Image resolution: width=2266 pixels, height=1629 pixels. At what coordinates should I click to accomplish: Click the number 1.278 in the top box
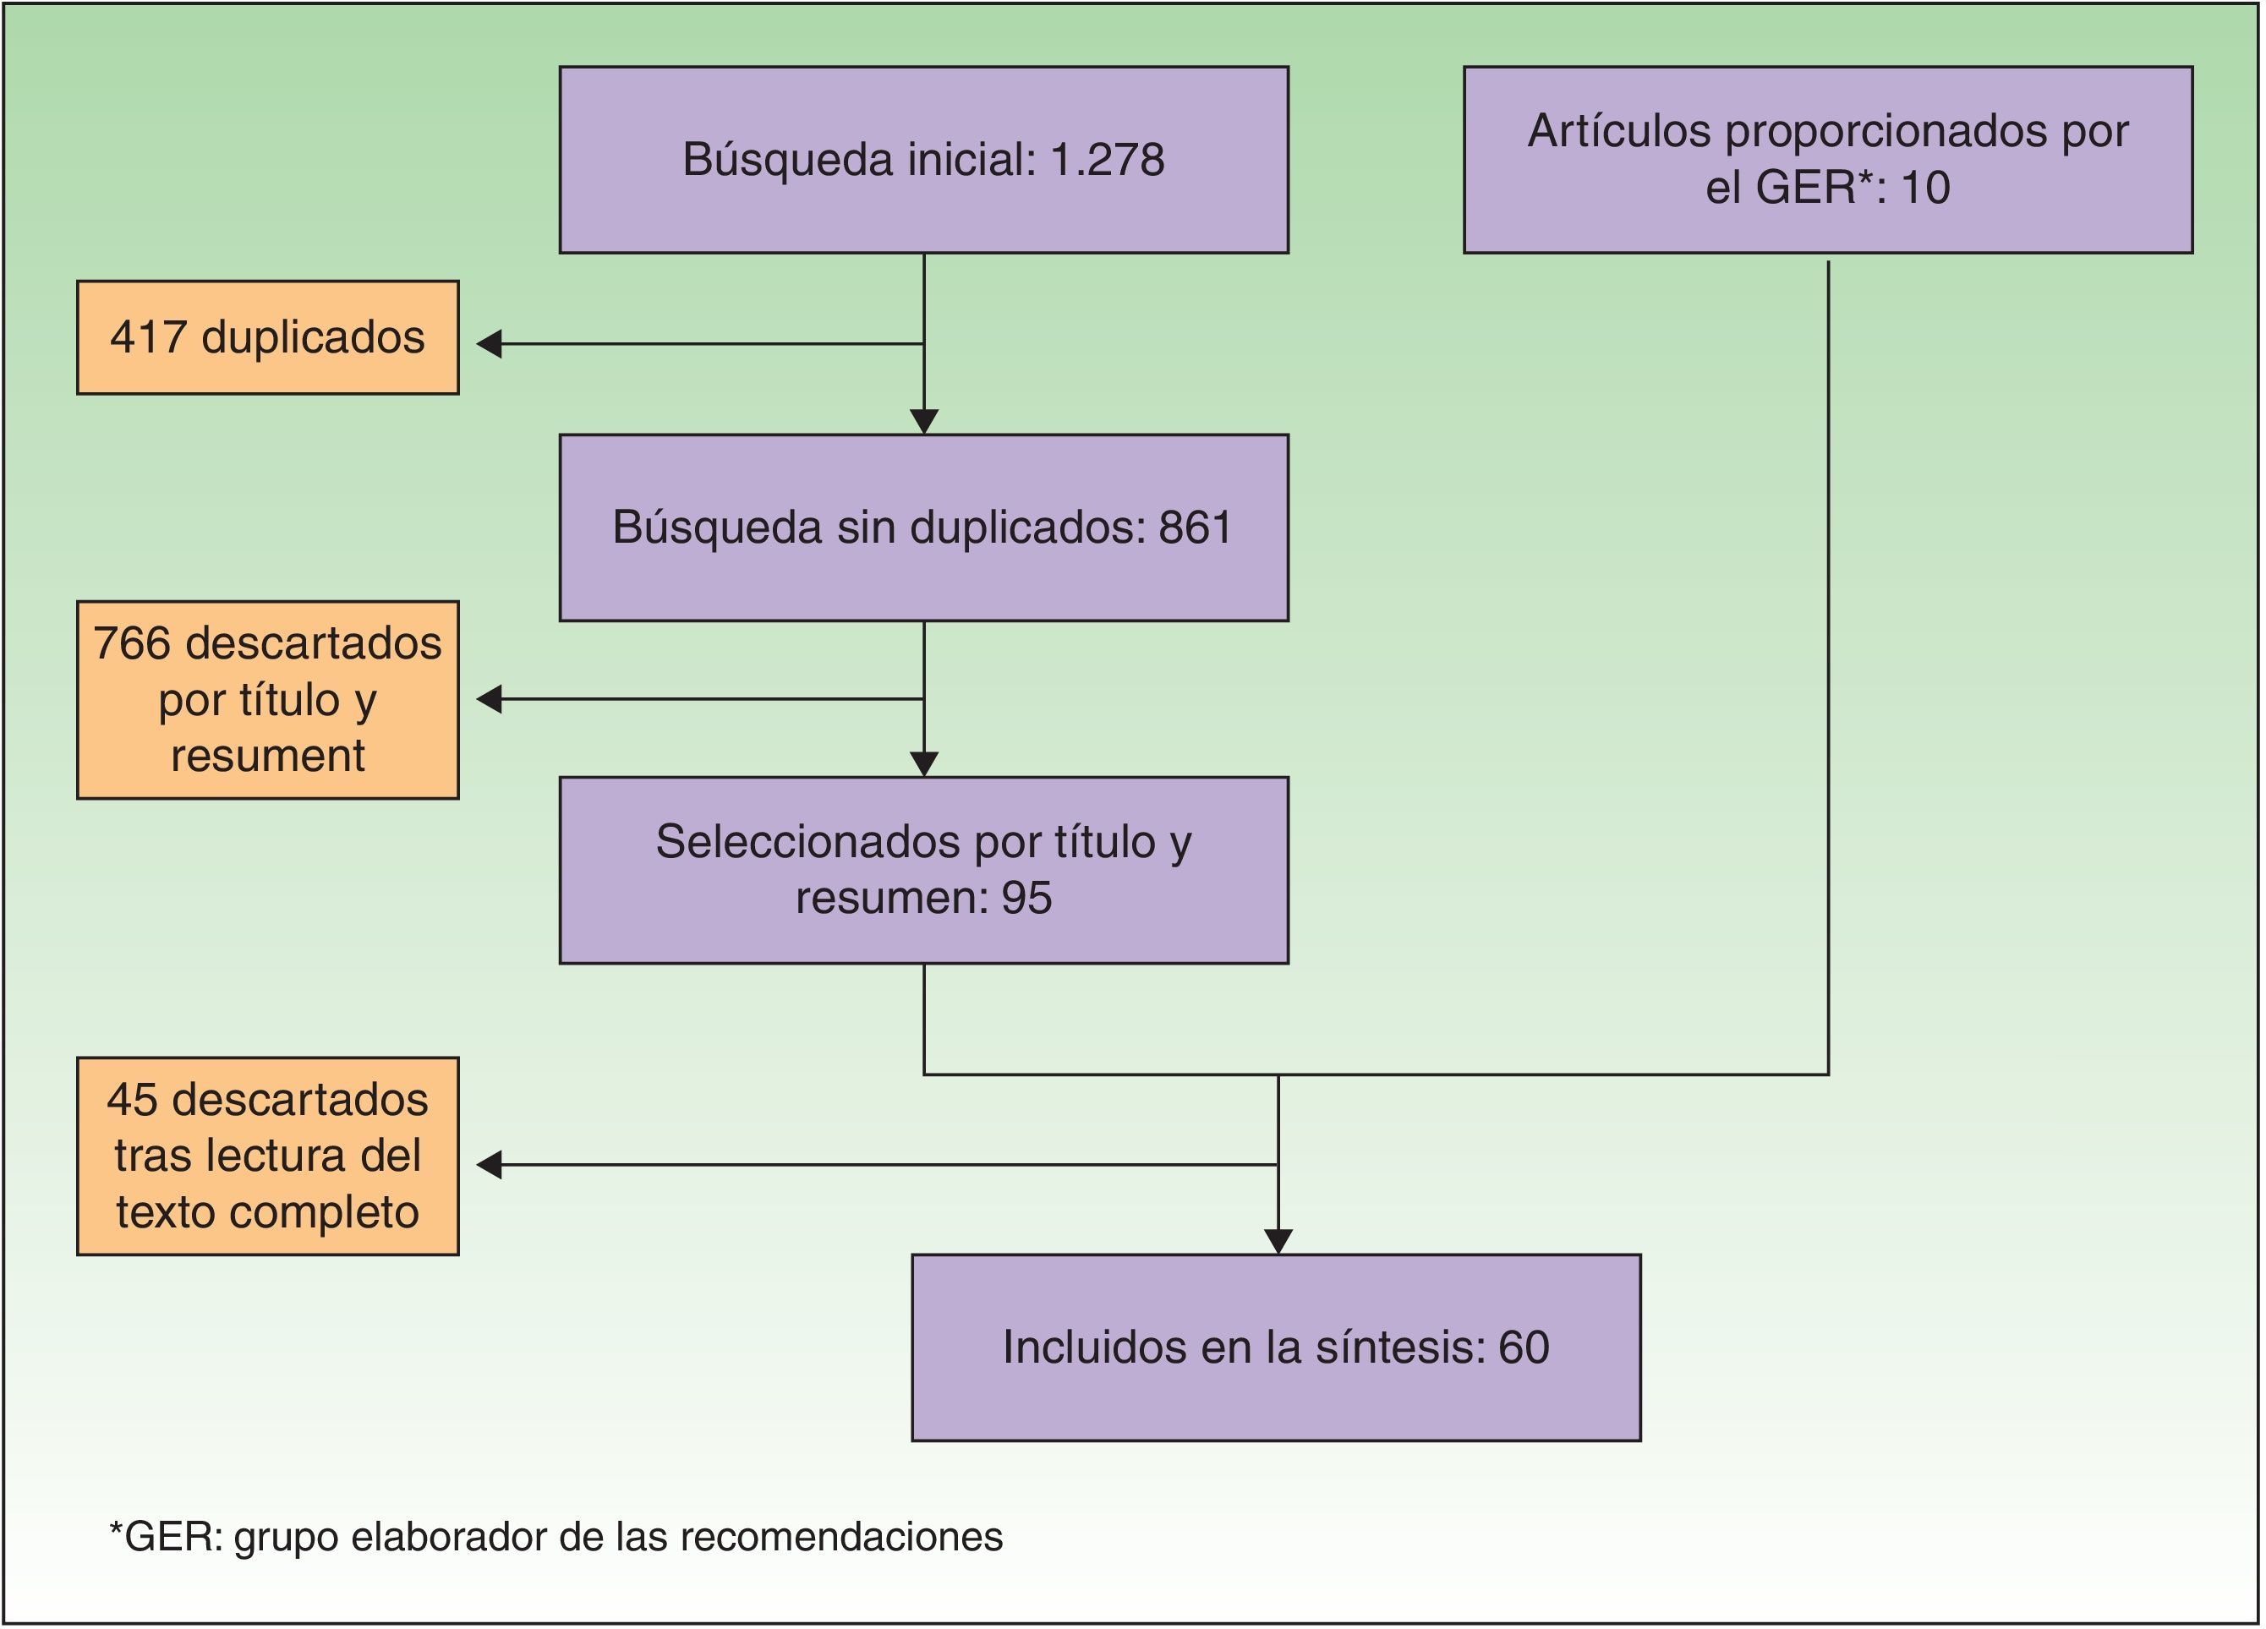click(1106, 160)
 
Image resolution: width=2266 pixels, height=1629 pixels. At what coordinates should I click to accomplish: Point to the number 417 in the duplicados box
click(148, 337)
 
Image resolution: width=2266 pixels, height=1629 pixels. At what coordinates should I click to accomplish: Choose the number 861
click(1195, 528)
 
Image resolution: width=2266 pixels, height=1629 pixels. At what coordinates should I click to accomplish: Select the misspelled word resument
click(268, 755)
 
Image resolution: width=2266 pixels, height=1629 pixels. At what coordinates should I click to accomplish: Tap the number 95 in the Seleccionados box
click(1026, 897)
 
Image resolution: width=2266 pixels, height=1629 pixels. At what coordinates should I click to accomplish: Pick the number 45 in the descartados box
click(132, 1100)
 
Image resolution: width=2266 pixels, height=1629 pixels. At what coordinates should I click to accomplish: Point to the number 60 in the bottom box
click(1524, 1347)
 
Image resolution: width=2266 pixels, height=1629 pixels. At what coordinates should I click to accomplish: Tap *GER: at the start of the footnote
click(166, 1536)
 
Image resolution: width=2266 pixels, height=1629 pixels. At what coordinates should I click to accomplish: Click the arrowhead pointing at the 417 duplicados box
click(489, 343)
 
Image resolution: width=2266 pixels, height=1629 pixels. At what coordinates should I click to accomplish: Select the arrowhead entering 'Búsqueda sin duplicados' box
click(924, 422)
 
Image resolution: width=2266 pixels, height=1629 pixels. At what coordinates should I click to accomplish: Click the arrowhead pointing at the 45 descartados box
click(489, 1165)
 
